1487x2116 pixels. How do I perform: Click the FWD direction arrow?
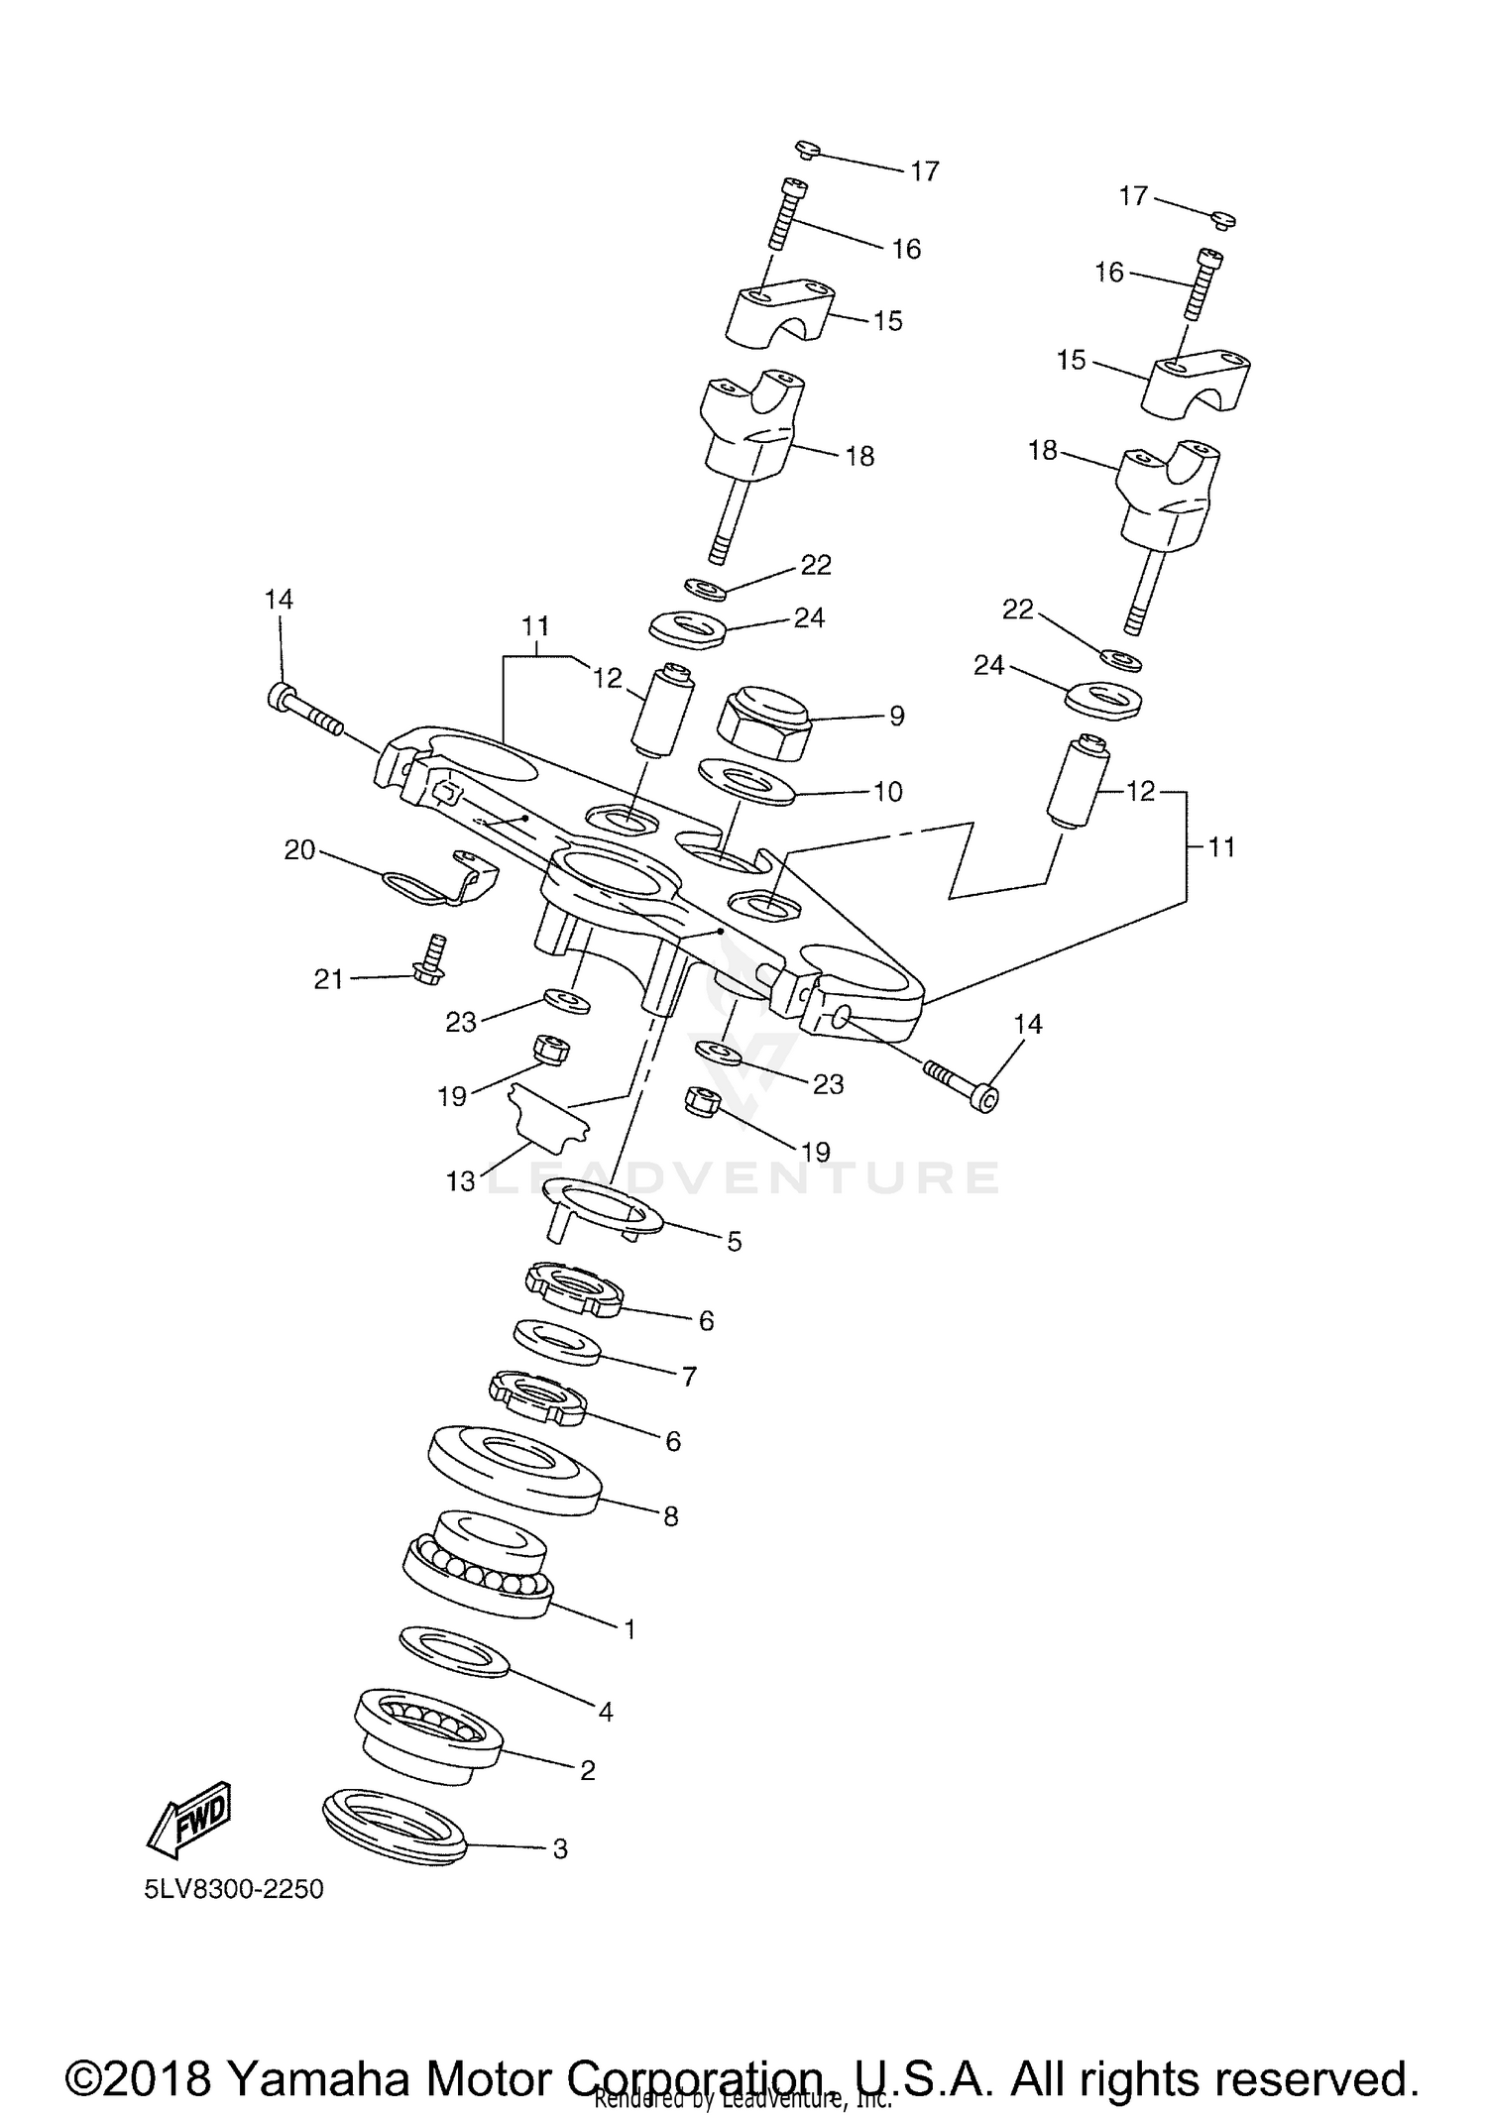pos(189,1822)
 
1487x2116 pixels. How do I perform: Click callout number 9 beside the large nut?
pos(896,716)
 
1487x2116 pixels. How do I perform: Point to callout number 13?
pos(460,1181)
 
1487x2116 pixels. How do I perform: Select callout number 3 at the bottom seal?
pos(559,1848)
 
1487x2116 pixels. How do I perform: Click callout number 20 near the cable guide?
pos(299,849)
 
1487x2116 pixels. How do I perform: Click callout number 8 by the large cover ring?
pos(670,1516)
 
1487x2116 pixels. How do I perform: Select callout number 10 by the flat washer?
pos(887,791)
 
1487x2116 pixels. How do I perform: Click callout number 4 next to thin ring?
pos(605,1711)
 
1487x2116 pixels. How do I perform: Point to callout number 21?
pos(328,979)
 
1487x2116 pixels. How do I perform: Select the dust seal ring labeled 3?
pos(395,1830)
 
